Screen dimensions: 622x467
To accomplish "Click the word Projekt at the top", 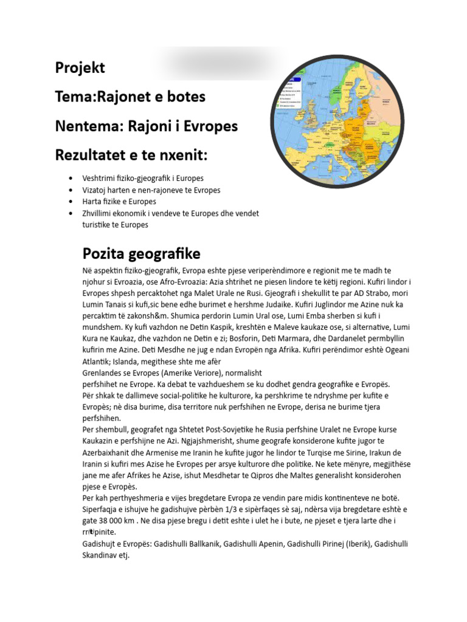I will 80,68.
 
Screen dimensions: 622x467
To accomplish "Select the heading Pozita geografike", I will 141,253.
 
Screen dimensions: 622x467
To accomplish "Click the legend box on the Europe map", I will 290,94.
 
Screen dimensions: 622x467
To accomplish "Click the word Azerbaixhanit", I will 109,453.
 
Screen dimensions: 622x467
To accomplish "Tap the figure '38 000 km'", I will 119,521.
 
